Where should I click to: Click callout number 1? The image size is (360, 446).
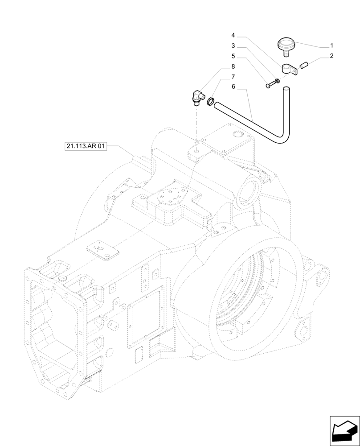[x=331, y=45]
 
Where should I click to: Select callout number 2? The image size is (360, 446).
[x=331, y=56]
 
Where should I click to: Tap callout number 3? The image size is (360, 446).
[x=233, y=45]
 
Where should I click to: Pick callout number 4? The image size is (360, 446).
[x=233, y=35]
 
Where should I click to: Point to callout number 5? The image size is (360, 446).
[x=233, y=56]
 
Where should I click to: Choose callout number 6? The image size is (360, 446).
[x=233, y=87]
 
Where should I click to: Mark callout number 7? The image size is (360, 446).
[x=233, y=77]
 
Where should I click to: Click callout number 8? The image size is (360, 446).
[x=233, y=66]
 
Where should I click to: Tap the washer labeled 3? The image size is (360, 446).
[x=278, y=81]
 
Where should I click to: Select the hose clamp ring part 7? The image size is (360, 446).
[x=210, y=102]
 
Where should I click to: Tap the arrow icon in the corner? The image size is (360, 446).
[x=344, y=430]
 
